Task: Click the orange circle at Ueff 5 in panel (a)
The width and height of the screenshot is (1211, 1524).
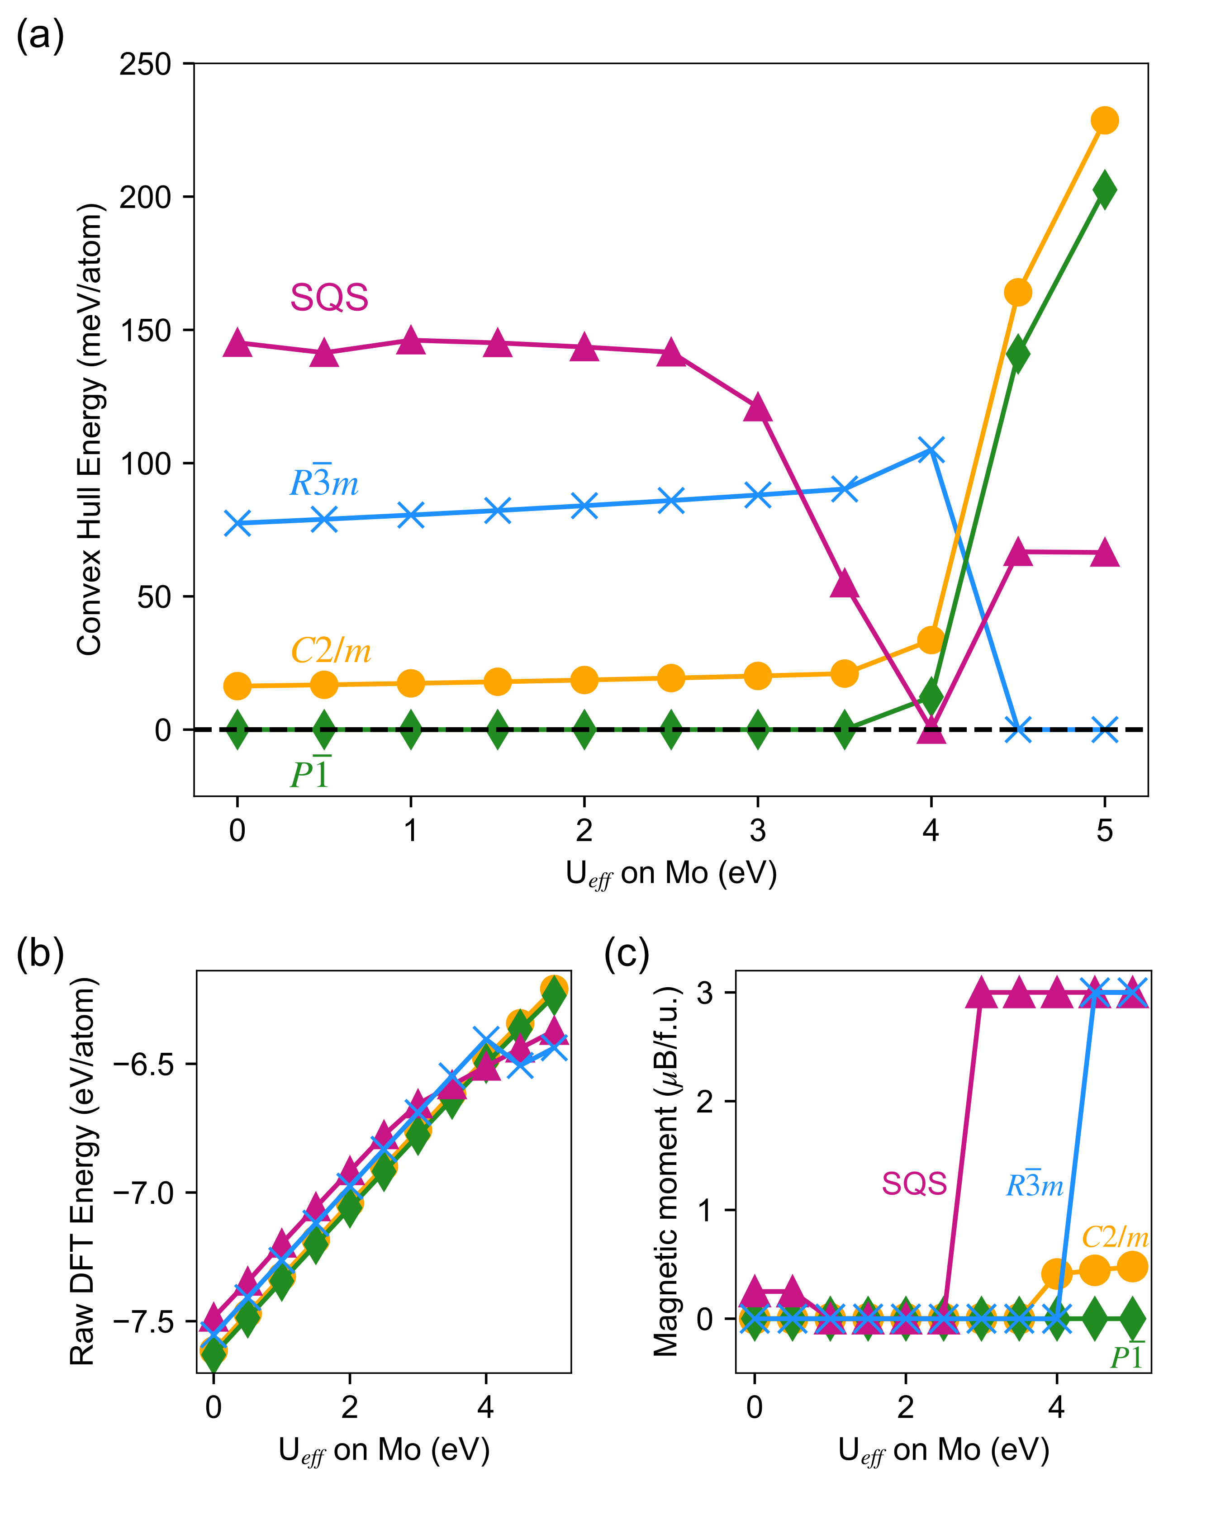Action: click(1104, 120)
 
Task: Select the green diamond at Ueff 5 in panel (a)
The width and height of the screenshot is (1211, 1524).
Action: click(1104, 189)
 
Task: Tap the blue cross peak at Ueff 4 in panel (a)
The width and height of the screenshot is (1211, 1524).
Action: click(931, 450)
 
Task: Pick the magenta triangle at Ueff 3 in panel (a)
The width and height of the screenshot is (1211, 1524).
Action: click(758, 408)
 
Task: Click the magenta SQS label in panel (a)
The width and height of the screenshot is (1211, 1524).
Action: click(329, 298)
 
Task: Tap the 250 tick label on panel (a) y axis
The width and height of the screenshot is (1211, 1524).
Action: click(145, 64)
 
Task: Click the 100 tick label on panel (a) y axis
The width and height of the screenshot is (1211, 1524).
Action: click(145, 464)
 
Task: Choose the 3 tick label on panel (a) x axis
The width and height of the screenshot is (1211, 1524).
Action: click(758, 831)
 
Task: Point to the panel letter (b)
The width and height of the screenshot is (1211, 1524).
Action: click(40, 954)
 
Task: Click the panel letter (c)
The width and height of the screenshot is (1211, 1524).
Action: click(627, 954)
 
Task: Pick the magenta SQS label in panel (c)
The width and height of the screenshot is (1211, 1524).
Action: click(914, 1183)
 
